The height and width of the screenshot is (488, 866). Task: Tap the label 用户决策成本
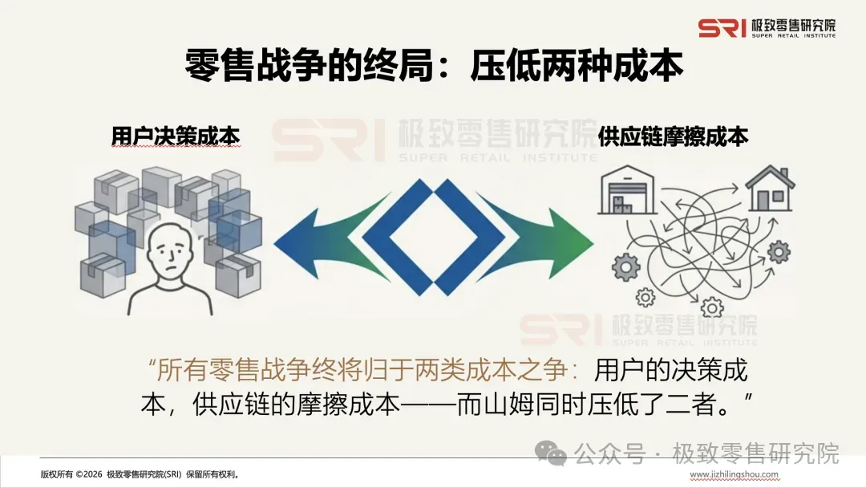[x=176, y=136]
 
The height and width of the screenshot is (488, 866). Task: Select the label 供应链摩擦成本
[x=673, y=136]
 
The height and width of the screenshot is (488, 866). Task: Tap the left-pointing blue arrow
[x=321, y=238]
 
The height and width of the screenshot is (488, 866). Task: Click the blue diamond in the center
[x=434, y=238]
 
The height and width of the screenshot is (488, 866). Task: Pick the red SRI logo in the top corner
[x=722, y=28]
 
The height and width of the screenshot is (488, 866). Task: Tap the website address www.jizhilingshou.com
[x=734, y=474]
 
